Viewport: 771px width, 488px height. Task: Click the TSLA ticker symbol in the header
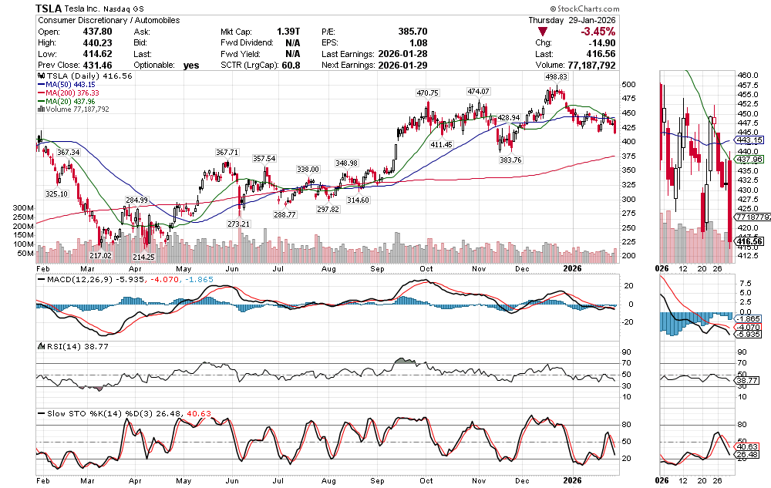(x=50, y=8)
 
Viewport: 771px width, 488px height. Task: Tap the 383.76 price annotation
(x=510, y=160)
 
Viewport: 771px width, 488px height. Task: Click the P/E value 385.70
(x=412, y=32)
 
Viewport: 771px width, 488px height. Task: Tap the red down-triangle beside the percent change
(x=543, y=32)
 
